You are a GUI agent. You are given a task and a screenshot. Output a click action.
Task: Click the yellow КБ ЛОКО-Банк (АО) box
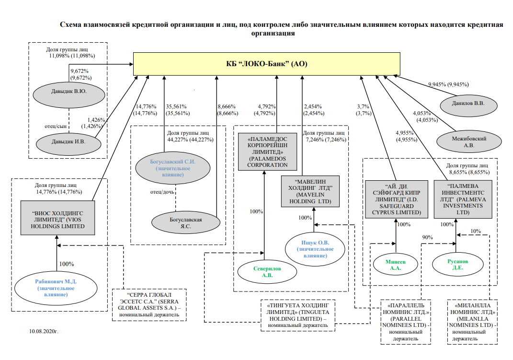click(267, 64)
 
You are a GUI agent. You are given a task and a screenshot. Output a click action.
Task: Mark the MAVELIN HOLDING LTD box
click(310, 191)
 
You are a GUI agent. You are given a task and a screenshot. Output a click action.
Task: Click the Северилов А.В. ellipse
click(267, 272)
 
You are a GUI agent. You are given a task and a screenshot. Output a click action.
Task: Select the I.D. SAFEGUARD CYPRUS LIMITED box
click(396, 199)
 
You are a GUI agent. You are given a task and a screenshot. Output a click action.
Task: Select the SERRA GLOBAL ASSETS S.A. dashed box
click(148, 304)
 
